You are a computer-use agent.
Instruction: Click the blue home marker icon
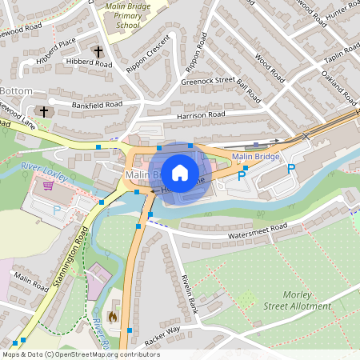tap(180, 173)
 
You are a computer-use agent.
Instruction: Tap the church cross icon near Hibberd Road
tap(98, 52)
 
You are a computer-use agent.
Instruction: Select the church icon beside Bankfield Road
tap(44, 112)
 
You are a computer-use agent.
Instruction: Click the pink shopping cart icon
tap(49, 186)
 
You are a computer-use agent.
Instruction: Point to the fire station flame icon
tap(113, 317)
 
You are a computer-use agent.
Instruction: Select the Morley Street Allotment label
tap(297, 301)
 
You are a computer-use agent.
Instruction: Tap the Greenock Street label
tap(207, 80)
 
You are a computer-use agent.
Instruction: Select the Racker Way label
tap(162, 334)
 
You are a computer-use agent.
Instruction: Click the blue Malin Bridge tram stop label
tap(255, 156)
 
